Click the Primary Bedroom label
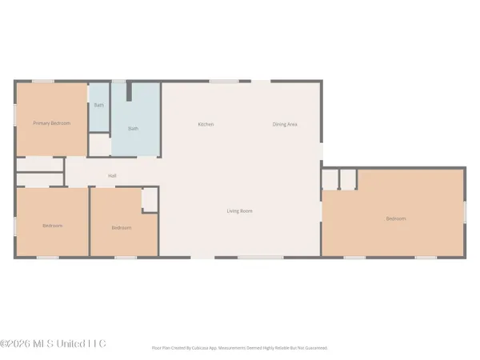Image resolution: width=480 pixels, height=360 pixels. point(51,123)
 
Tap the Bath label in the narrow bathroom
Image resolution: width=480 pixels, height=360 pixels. point(98,106)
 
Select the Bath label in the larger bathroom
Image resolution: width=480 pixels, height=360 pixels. point(134,128)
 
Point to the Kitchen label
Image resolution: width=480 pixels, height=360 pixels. point(206,124)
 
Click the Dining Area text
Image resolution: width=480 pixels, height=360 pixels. point(286,124)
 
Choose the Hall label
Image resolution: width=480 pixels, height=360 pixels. point(113,176)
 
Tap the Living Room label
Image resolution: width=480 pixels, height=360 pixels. point(239,211)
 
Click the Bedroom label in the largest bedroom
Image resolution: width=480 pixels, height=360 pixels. point(396,219)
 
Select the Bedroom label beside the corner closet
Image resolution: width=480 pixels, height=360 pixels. point(121,228)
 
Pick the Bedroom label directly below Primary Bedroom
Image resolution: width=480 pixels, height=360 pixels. point(51,226)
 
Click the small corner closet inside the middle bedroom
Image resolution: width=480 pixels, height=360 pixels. point(150,200)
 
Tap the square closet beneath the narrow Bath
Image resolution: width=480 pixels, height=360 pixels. point(99,145)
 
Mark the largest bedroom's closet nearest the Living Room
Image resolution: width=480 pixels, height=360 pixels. point(330,179)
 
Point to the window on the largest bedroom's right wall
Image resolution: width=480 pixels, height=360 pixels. point(464,212)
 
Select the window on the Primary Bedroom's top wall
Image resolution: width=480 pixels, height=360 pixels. point(42,80)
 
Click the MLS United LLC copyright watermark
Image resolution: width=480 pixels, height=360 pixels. point(53,344)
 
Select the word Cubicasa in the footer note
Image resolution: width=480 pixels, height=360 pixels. point(212,348)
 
